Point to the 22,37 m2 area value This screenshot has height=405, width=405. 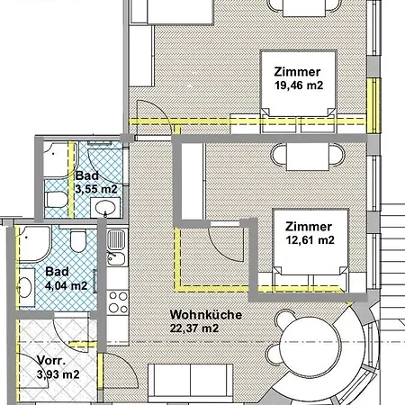tap(194, 328)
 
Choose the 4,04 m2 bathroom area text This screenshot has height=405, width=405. tap(66, 286)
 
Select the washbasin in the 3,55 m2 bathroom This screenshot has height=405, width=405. tap(106, 210)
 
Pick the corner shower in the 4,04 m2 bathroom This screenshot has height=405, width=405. tap(34, 240)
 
